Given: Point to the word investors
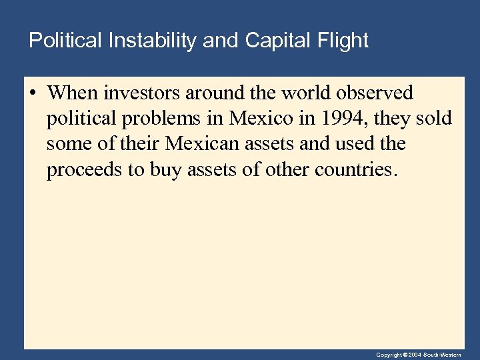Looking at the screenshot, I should (x=138, y=93).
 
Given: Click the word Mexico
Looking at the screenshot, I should (x=261, y=119).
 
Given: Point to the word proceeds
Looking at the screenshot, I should (x=85, y=170).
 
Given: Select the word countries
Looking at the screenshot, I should (x=360, y=170).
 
